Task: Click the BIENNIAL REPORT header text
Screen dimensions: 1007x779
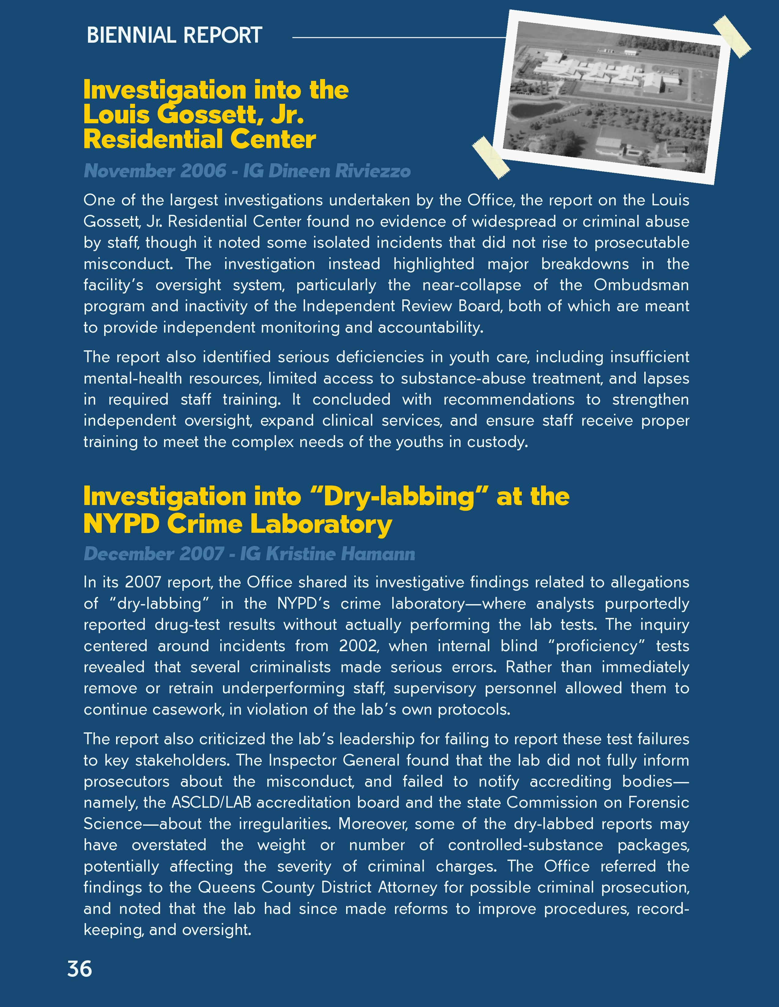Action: pos(174,35)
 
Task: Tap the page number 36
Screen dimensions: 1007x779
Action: pos(79,969)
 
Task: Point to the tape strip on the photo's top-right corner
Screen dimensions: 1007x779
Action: pos(732,36)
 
